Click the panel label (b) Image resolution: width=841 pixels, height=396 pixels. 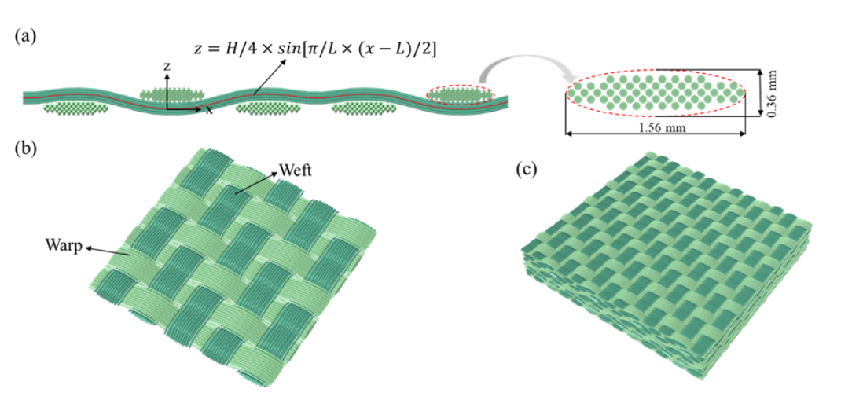[x=25, y=150]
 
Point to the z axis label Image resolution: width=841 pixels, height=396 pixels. [x=166, y=68]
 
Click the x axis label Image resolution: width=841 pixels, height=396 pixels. [x=209, y=111]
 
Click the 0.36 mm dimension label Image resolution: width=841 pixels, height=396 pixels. [x=773, y=92]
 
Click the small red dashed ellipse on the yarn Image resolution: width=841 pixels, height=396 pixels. [x=461, y=95]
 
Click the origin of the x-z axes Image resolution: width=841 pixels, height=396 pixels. [x=167, y=108]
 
